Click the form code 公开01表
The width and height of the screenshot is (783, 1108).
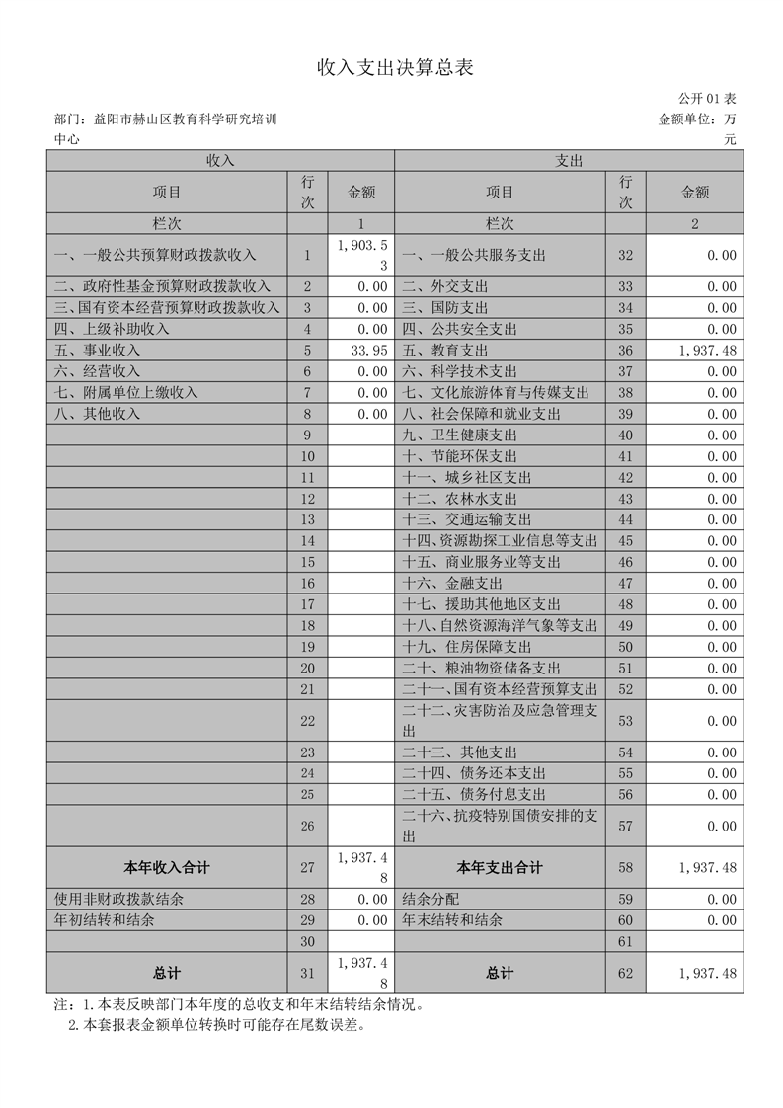707,99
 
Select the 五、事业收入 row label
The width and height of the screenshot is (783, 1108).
98,351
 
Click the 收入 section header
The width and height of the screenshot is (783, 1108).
220,160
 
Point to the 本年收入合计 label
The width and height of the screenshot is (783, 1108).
166,868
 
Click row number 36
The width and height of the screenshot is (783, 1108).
625,351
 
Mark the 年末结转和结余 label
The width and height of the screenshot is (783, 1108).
452,920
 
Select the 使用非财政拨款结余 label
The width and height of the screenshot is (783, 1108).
119,900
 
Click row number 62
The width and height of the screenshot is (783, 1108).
625,974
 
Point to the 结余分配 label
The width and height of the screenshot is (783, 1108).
431,900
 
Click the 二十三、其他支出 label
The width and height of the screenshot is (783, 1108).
460,752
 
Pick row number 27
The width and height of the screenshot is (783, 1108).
307,868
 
